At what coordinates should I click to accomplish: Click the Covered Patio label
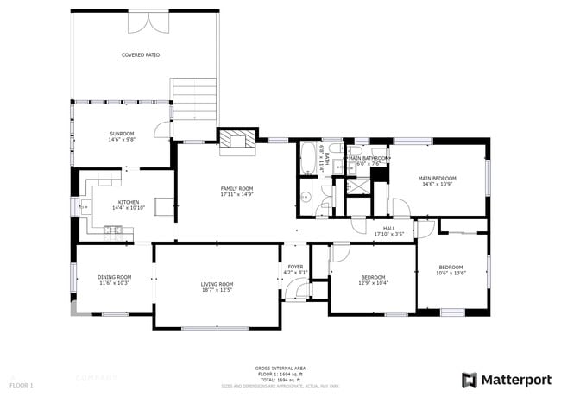(140, 54)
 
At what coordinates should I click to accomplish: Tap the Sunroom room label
(122, 134)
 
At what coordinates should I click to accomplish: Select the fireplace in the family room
(236, 142)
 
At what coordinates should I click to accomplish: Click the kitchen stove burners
(112, 230)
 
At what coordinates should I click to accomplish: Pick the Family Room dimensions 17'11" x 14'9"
(236, 194)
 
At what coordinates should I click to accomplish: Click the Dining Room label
(114, 277)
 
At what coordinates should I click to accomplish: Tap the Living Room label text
(217, 284)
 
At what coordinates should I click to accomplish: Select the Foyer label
(296, 267)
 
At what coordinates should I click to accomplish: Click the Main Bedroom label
(438, 178)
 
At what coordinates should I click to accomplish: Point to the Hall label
(389, 228)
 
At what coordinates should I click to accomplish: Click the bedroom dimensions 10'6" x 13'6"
(451, 273)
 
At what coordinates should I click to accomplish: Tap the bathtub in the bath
(308, 158)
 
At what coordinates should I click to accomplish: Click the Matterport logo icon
(470, 379)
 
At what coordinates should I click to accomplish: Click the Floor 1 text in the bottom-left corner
(22, 383)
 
